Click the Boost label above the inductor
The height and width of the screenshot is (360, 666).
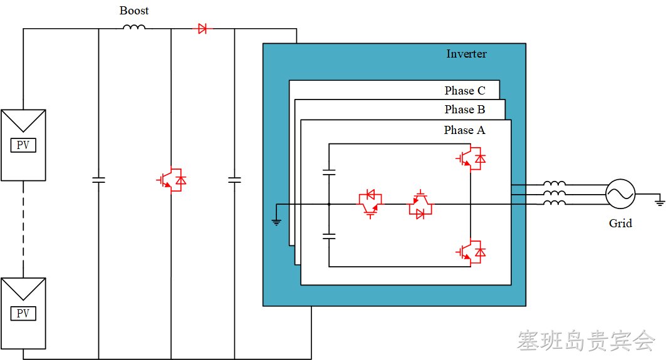(x=134, y=11)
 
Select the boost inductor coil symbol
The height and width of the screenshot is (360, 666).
(x=134, y=27)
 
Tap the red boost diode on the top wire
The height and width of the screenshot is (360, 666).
(x=202, y=29)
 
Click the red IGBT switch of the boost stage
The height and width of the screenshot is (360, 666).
(x=172, y=180)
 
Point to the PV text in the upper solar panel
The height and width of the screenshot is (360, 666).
(x=23, y=145)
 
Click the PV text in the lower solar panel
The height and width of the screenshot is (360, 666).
(x=23, y=313)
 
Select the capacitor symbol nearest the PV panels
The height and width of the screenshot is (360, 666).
(x=98, y=180)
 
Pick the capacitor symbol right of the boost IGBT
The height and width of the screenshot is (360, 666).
(x=234, y=180)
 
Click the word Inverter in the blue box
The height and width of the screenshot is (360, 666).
(x=466, y=54)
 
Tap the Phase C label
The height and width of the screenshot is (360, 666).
(x=465, y=90)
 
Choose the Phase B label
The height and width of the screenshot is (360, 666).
(x=465, y=110)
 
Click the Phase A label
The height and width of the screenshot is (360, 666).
(x=464, y=130)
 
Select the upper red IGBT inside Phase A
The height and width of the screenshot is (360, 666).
(x=471, y=158)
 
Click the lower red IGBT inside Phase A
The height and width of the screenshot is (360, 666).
(x=471, y=252)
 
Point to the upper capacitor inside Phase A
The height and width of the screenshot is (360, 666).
(x=329, y=172)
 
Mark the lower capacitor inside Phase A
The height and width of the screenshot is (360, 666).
(x=329, y=236)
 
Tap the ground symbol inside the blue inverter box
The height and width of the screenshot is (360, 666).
(x=276, y=222)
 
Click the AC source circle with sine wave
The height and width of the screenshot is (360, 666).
(x=620, y=194)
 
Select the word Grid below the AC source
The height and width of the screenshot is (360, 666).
(x=620, y=224)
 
